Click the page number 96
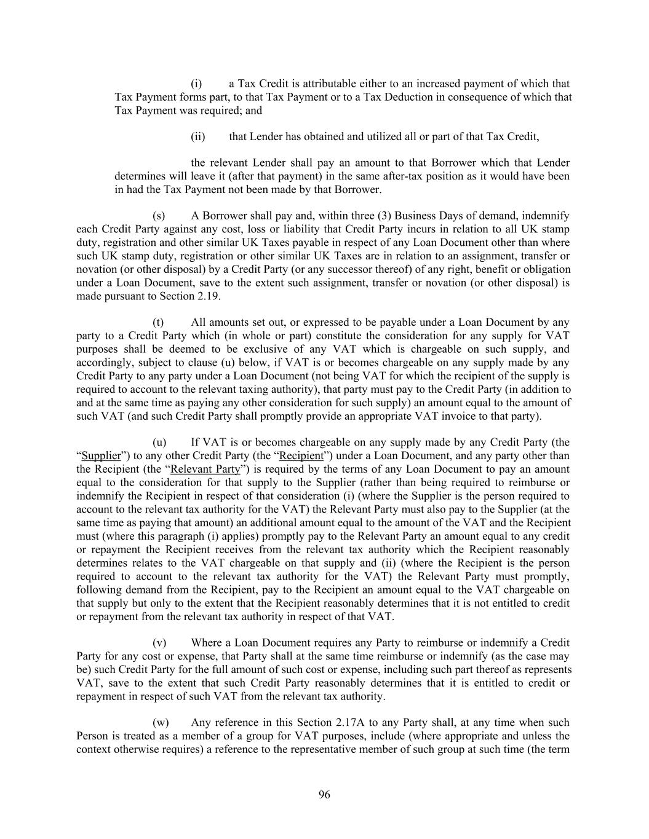[324, 795]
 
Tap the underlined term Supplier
[101, 456]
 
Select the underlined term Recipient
[301, 456]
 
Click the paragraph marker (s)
[159, 216]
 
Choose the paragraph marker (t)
[158, 323]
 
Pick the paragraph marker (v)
[159, 643]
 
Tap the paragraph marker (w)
[159, 723]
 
